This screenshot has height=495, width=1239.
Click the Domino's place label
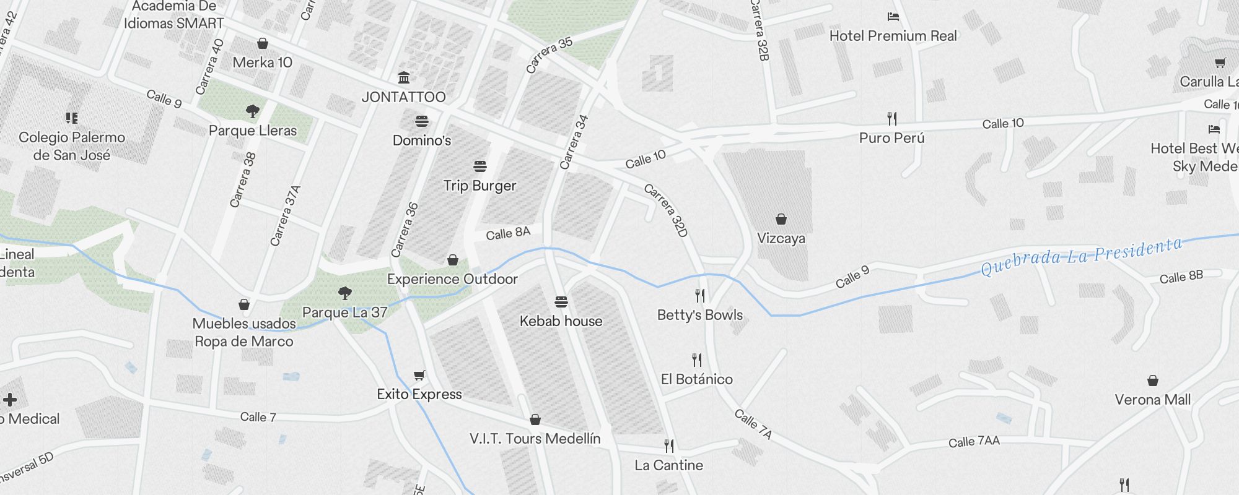(x=422, y=140)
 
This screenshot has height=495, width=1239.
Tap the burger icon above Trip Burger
(x=479, y=166)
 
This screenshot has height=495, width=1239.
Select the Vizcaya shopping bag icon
(x=781, y=219)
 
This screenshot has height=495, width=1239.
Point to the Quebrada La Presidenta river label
(x=1081, y=256)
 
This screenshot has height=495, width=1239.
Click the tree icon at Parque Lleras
(x=252, y=111)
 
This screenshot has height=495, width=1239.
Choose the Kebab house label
(x=561, y=321)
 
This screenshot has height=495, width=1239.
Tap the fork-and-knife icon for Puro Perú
(x=892, y=118)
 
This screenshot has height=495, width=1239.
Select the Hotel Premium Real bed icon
(x=893, y=17)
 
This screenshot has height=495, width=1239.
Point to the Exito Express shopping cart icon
(x=419, y=375)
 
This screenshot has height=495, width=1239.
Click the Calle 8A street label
(x=508, y=233)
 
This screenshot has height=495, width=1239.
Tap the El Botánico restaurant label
(x=696, y=379)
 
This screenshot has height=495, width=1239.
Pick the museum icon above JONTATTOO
(x=404, y=77)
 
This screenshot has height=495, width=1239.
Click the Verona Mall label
(x=1152, y=400)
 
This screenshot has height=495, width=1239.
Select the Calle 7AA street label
(x=974, y=441)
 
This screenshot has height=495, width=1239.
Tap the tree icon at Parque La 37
(x=345, y=293)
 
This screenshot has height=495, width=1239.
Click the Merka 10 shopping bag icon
(x=263, y=43)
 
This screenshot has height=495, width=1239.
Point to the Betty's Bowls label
(x=699, y=315)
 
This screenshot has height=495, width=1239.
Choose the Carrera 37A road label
(x=285, y=215)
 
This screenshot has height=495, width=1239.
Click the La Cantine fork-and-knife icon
(x=668, y=445)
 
